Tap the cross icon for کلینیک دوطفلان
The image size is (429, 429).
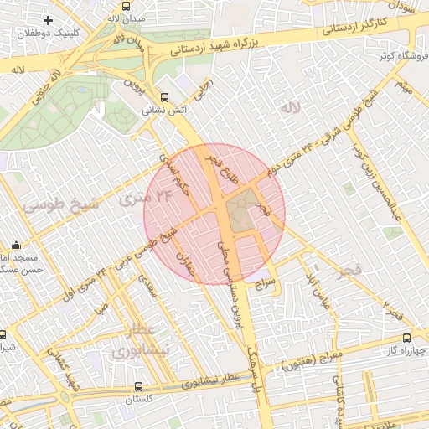(49, 19)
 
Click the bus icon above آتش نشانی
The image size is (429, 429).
(163, 96)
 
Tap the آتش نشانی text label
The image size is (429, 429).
(163, 110)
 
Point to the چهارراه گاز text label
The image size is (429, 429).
(402, 349)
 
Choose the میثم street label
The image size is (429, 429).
(406, 85)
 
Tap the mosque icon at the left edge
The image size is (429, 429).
(17, 246)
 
